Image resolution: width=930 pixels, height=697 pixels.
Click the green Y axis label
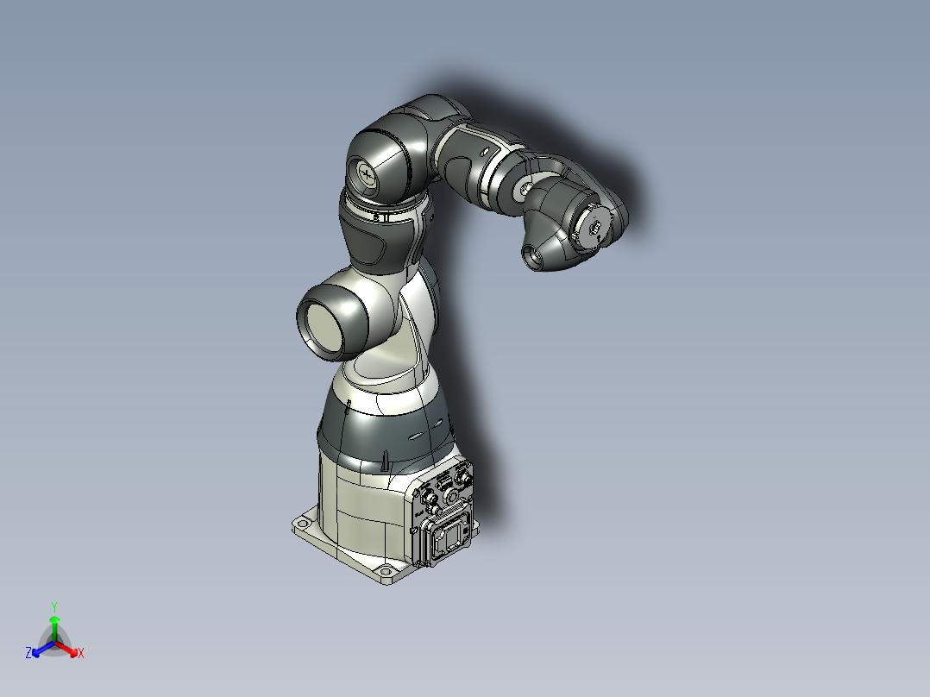coord(53,606)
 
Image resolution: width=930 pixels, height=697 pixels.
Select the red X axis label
coord(81,654)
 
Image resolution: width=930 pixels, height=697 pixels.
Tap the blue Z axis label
coord(28,653)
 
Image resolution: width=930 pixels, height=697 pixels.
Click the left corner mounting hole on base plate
coord(303,523)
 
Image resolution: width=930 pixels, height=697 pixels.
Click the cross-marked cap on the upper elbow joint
coord(368,175)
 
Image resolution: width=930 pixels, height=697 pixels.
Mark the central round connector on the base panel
coord(449,496)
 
